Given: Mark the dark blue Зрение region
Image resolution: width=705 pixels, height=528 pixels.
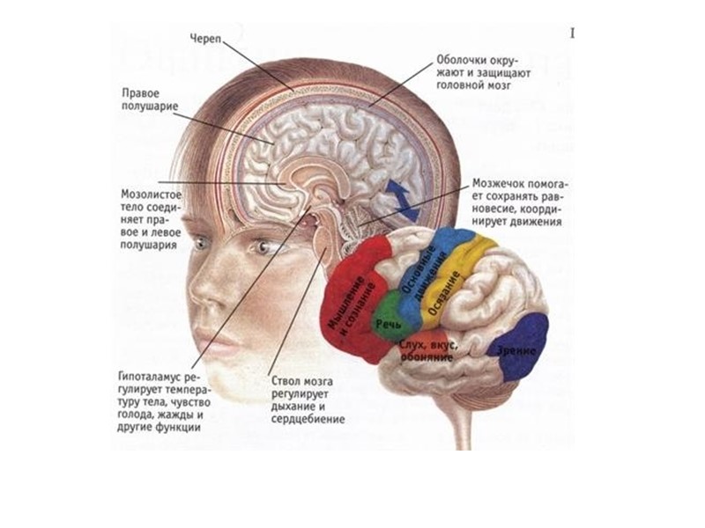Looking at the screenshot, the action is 520,347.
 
